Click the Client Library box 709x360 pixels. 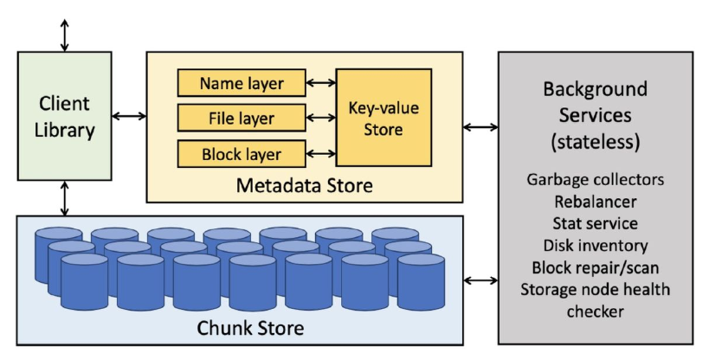tap(65, 116)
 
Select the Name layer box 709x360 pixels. tap(242, 84)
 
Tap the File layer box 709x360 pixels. tap(242, 118)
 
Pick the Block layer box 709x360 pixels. tap(242, 153)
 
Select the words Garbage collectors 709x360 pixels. tap(596, 181)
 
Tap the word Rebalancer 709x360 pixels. tap(596, 202)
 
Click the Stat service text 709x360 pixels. tap(596, 224)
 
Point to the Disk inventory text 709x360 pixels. tap(596, 246)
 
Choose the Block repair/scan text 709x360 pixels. tap(596, 267)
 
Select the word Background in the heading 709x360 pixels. tap(596, 90)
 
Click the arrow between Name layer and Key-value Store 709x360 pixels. tap(320, 84)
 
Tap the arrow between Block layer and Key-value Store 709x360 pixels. tap(320, 153)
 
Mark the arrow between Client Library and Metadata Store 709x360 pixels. tap(128, 116)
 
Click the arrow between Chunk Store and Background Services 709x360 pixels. tap(480, 280)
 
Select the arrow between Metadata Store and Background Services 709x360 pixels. tap(480, 128)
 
